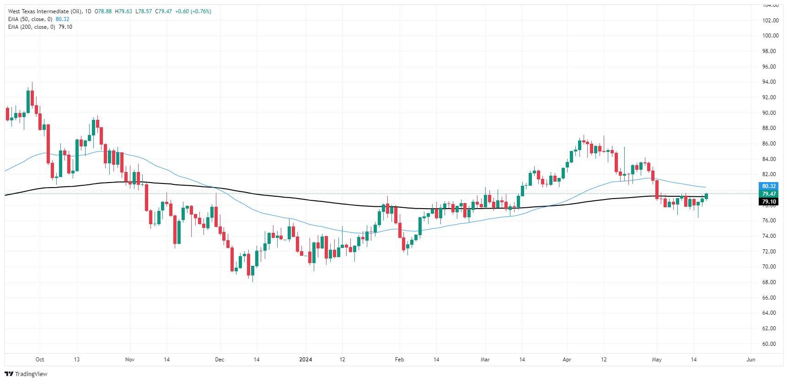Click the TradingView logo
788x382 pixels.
tap(26, 374)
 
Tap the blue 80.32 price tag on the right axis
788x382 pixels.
tap(768, 186)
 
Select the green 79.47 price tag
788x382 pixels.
tap(768, 194)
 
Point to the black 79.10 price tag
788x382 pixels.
tap(768, 202)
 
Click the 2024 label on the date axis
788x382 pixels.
tap(306, 360)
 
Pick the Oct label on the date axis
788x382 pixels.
tap(40, 360)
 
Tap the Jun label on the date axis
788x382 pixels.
tap(750, 360)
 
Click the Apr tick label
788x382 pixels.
tap(567, 360)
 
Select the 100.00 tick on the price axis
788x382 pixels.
tap(770, 36)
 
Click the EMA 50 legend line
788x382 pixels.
tap(38, 19)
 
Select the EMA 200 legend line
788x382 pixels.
tap(40, 27)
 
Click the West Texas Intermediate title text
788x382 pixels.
tap(45, 11)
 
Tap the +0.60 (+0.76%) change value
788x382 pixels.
tap(193, 11)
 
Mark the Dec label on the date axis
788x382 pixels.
tap(220, 360)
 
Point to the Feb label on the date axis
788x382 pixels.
tap(399, 360)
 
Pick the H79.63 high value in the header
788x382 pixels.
tap(123, 11)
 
